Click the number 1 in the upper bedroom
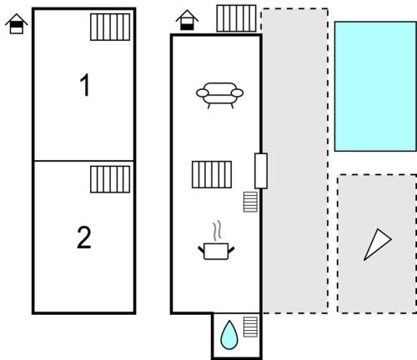click(85, 85)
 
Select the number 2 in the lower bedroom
click(84, 237)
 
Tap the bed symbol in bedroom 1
click(110, 27)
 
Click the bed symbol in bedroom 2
click(110, 179)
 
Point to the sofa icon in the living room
click(219, 95)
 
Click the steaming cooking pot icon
click(216, 241)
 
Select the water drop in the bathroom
click(229, 335)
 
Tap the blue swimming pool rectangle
click(375, 87)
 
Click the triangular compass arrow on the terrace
click(378, 244)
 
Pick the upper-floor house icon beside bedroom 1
click(17, 23)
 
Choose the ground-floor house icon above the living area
click(187, 20)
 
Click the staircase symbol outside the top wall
click(236, 18)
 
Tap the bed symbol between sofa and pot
click(212, 174)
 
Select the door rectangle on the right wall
click(261, 171)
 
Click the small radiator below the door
click(250, 202)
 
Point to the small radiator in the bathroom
click(250, 327)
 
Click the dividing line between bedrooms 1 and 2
click(84, 161)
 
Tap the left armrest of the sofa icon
click(203, 92)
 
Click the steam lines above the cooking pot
click(218, 231)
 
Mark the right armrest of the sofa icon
click(237, 92)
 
